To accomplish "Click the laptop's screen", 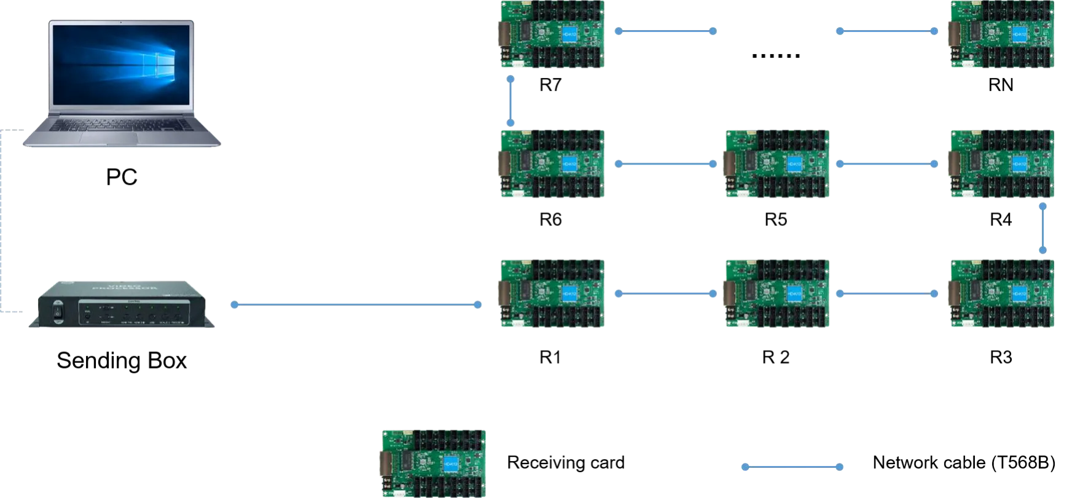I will (x=123, y=63).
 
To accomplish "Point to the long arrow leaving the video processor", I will (x=355, y=305).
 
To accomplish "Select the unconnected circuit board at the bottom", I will (x=432, y=462).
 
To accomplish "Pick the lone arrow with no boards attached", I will (x=791, y=467).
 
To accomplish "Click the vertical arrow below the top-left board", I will (x=511, y=101).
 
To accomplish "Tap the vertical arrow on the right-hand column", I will (x=1042, y=228).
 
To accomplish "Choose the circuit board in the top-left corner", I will (x=550, y=34).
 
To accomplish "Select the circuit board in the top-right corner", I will (x=1002, y=34).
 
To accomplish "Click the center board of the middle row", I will (x=777, y=164).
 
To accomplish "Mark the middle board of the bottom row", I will (x=777, y=292).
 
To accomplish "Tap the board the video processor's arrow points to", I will (x=550, y=292).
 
